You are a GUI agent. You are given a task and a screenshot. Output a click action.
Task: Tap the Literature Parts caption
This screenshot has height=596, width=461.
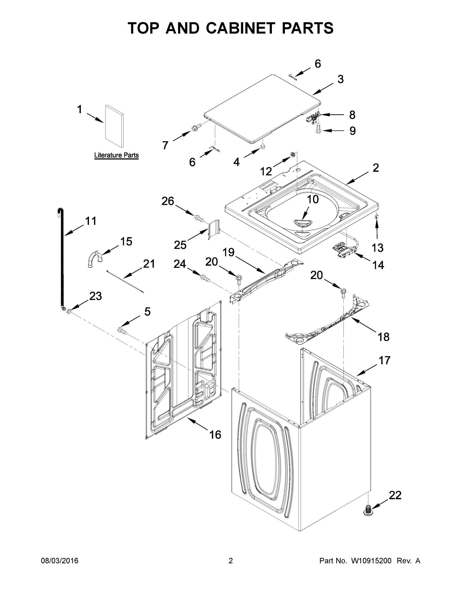116,155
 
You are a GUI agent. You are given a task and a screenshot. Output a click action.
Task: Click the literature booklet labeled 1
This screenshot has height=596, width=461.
114,126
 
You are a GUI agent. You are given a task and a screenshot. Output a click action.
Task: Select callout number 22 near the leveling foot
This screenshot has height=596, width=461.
395,495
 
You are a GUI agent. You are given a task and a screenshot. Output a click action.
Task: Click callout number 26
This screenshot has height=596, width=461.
168,201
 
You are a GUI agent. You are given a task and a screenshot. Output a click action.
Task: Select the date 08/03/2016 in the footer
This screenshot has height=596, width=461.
60,560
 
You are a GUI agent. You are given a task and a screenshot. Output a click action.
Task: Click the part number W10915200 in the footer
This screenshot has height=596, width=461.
371,560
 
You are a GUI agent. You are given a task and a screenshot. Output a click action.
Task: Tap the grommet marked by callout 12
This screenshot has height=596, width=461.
293,155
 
